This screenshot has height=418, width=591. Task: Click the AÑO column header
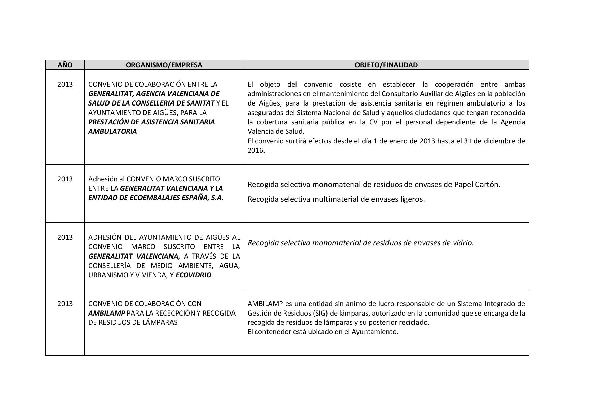click(65, 65)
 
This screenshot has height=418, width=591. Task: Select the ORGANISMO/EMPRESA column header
click(164, 65)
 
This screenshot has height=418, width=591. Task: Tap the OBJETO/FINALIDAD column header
click(386, 65)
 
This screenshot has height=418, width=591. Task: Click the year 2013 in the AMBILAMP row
click(65, 304)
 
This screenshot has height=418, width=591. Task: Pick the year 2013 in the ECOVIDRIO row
click(65, 237)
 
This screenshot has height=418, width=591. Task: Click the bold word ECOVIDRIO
click(193, 275)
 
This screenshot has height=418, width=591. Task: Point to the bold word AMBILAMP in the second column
click(106, 313)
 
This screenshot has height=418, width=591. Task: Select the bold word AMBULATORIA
click(113, 131)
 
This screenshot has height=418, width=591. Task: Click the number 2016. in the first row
click(256, 150)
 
